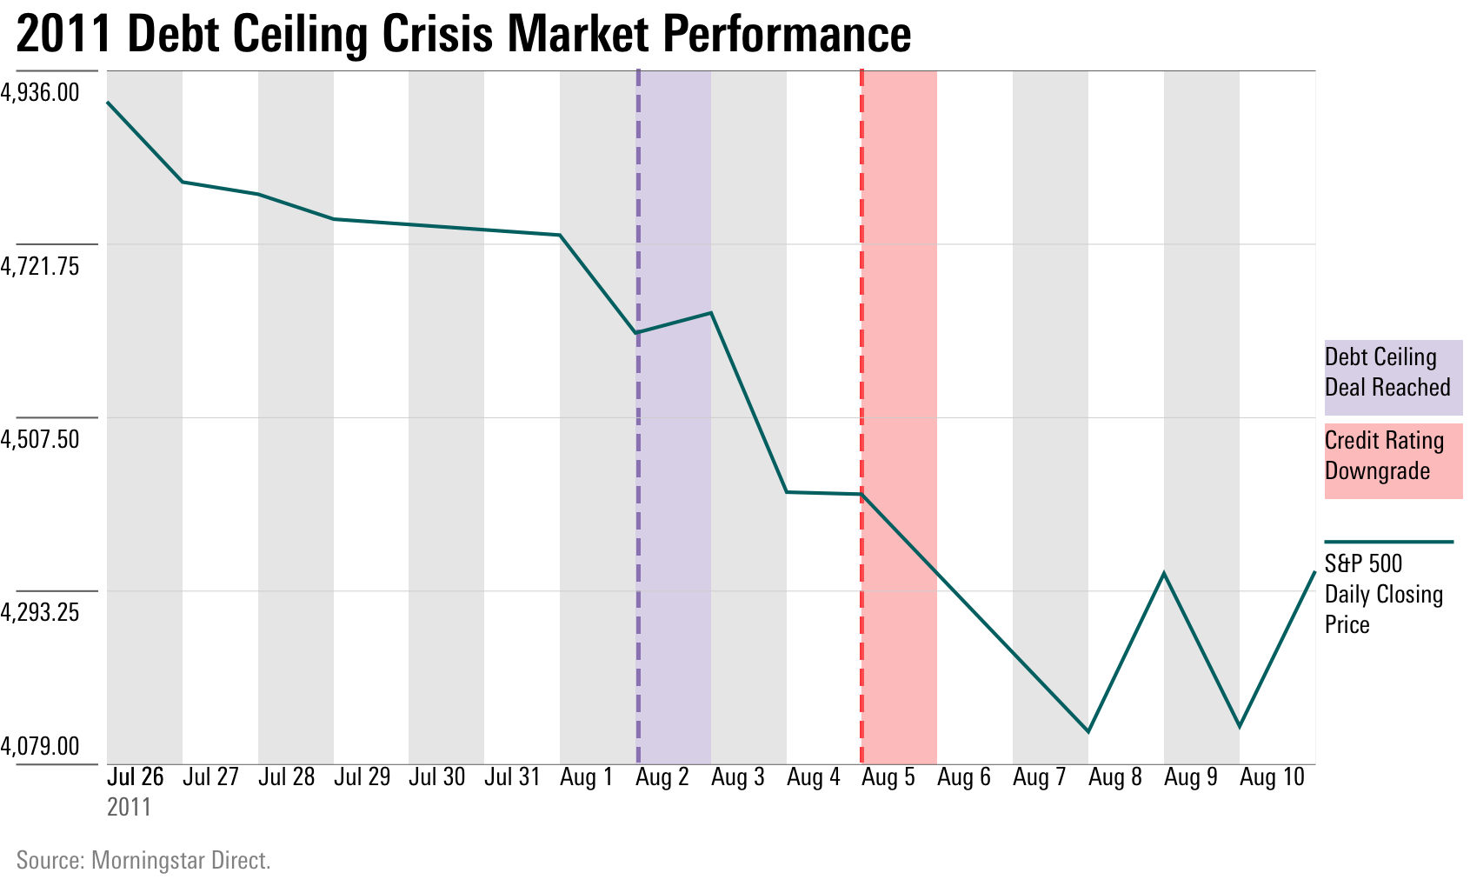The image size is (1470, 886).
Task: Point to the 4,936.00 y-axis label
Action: pos(40,91)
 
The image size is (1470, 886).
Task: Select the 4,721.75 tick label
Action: pos(40,265)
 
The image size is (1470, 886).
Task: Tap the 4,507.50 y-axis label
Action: pos(40,438)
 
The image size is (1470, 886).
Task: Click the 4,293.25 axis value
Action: pos(40,612)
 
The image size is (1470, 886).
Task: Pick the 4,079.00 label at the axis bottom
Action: pos(40,745)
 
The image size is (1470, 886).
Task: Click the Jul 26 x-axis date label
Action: pos(136,776)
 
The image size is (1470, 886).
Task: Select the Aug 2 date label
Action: pos(662,776)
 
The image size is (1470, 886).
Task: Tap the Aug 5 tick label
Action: pos(888,776)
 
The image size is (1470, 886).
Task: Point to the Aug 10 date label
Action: pos(1272,776)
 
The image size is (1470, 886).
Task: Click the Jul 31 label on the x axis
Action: pos(512,776)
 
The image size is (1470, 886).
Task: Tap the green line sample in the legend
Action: pos(1388,542)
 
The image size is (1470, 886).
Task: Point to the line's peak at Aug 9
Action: pos(1164,573)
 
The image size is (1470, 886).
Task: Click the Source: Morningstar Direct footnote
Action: pos(143,860)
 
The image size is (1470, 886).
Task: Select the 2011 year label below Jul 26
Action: pos(129,807)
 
